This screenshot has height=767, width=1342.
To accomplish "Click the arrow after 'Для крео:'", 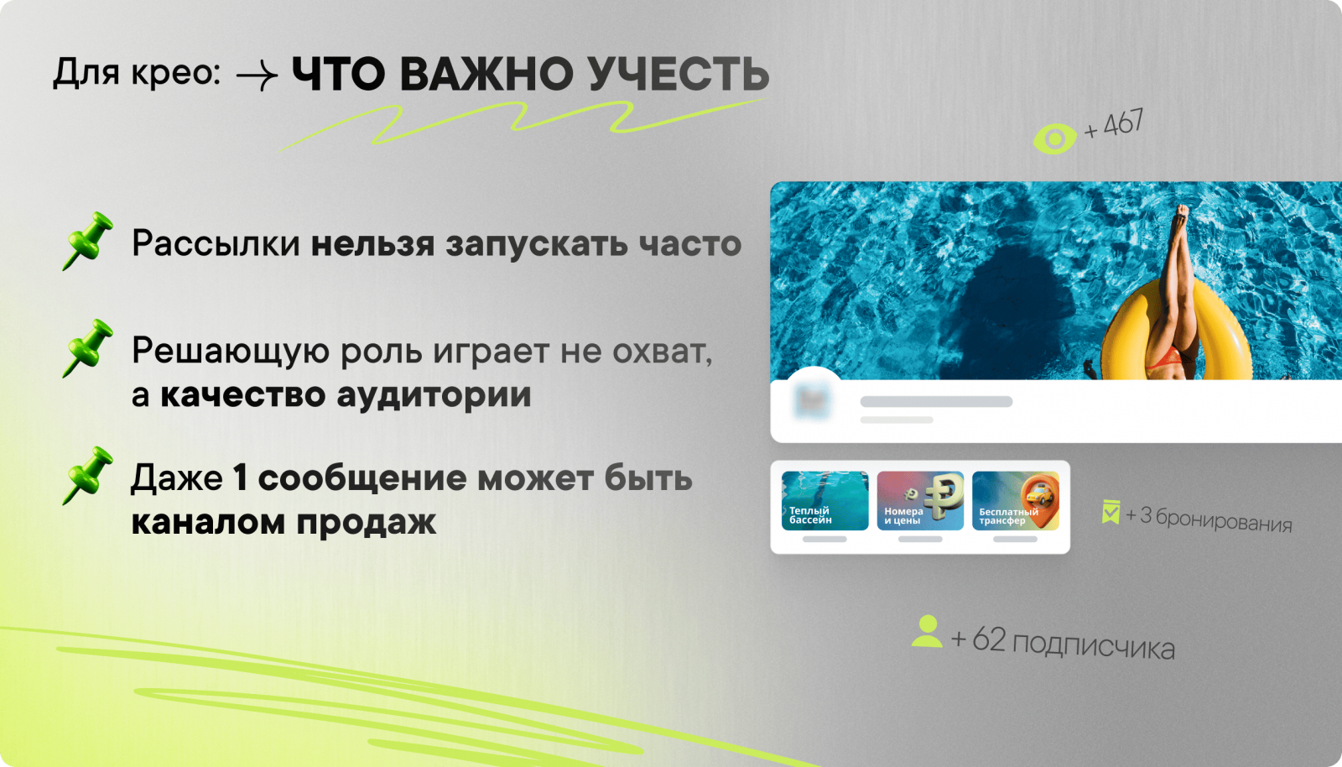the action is point(257,76).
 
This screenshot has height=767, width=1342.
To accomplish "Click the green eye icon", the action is point(1054,138).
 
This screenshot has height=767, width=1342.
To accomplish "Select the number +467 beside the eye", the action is point(1114,125).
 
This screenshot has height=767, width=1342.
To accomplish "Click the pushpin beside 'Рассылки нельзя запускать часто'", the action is point(87,241).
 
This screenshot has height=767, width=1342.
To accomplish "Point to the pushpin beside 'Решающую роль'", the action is point(87,348).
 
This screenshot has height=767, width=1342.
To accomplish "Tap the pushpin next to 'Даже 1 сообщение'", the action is point(87,476).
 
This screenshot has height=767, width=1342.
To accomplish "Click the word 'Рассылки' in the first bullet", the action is point(216,244).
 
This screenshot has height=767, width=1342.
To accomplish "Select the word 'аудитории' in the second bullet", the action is point(434,395).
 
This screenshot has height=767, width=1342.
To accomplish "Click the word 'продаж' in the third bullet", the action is point(367,522).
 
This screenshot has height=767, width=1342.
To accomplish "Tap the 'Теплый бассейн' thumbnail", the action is point(825,501).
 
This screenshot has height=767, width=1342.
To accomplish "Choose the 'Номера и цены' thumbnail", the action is point(920,501).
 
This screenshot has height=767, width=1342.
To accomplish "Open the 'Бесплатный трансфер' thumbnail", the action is point(1016,501).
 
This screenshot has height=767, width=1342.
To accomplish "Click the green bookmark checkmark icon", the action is point(1111,512).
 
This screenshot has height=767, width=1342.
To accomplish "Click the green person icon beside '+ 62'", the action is point(927,632).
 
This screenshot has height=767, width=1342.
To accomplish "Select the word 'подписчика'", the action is point(1094,646).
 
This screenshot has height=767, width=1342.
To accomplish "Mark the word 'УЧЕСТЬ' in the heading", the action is point(679,75).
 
